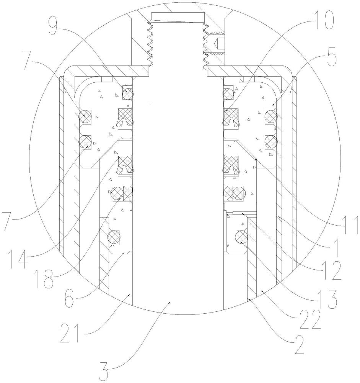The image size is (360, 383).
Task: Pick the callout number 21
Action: pyautogui.click(x=70, y=333)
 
